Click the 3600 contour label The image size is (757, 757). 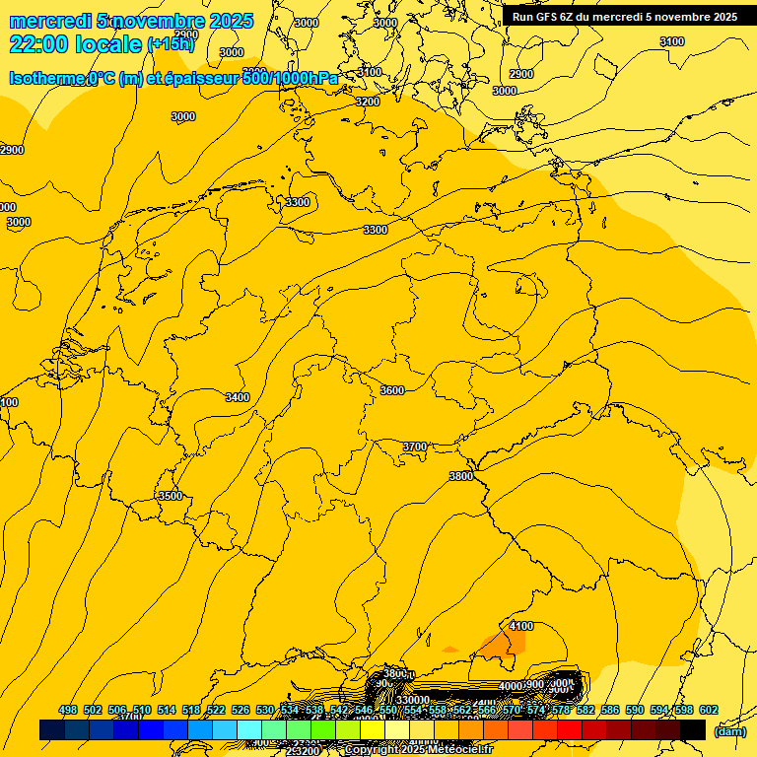pos(392,390)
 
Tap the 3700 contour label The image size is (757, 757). pos(415,447)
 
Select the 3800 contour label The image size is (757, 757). pos(460,476)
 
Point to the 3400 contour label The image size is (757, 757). pos(238,397)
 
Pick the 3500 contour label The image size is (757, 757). pos(171,496)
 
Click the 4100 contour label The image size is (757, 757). pos(521,626)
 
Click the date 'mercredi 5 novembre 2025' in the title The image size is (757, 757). pos(131,21)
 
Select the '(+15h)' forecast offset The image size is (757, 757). pos(171,44)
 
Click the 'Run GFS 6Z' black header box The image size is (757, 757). pos(624,17)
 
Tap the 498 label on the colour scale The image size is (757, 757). pos(68,710)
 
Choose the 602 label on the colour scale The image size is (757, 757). pos(708,710)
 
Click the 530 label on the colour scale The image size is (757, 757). pos(265,710)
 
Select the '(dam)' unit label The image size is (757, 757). pos(729,730)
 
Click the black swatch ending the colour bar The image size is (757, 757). pos(693,730)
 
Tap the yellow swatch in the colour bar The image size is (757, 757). pos(373,730)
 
